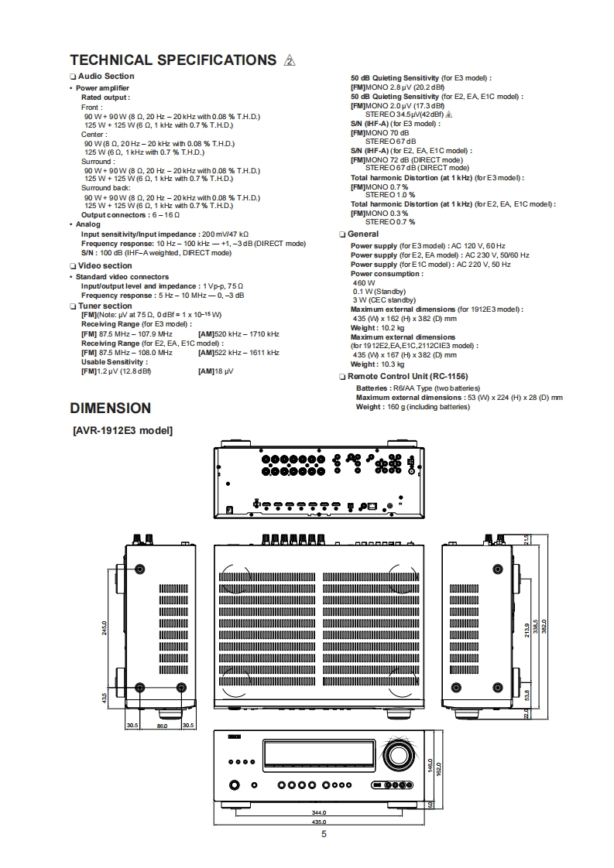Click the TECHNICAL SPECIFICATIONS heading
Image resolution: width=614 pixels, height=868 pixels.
[x=173, y=60]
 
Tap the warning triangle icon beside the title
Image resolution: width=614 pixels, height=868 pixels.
[x=290, y=61]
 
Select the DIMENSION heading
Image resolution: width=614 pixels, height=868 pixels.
[x=110, y=408]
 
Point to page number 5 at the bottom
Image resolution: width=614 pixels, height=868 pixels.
[x=324, y=833]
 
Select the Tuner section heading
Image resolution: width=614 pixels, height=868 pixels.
[x=105, y=306]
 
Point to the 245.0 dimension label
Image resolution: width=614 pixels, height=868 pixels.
[x=105, y=627]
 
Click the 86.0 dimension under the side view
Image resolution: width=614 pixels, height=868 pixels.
[x=162, y=726]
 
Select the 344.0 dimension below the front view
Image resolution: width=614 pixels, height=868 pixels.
[x=318, y=812]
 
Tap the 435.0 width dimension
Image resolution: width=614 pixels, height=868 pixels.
[x=318, y=822]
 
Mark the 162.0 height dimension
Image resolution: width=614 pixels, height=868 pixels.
[x=438, y=769]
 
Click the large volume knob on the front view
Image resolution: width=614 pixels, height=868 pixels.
[x=396, y=755]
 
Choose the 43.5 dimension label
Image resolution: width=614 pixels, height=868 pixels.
[x=105, y=698]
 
